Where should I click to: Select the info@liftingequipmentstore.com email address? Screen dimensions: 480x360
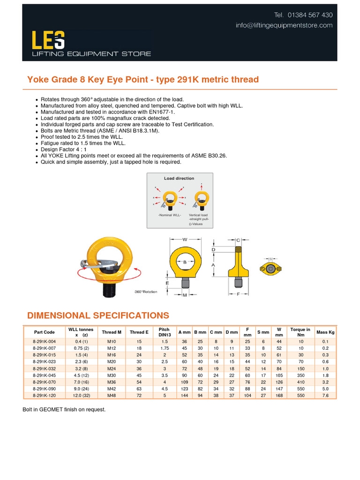point(284,25)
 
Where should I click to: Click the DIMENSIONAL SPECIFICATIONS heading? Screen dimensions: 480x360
point(98,315)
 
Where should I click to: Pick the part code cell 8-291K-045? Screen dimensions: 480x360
point(44,375)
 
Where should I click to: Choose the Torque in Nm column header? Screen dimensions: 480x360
point(300,332)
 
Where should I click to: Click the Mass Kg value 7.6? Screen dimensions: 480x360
point(326,396)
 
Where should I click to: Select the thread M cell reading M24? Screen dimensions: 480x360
point(112,369)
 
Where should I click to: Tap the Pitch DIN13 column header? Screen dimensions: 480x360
point(164,332)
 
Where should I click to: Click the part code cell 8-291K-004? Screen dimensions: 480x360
point(44,342)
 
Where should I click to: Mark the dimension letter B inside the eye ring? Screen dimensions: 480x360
point(185,262)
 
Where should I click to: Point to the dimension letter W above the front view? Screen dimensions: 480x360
point(185,239)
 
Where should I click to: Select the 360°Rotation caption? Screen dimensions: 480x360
point(146,292)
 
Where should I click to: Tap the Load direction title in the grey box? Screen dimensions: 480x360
point(179,179)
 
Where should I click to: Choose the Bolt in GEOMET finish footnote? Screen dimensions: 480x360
point(64,410)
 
